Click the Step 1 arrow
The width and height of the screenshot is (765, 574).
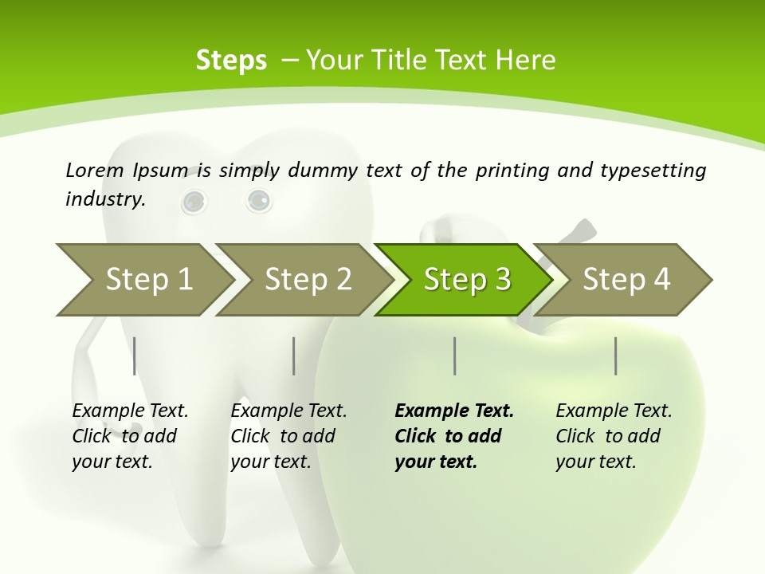(147, 280)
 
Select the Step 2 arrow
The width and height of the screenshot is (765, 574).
(308, 280)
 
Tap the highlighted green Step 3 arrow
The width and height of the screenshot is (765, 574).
(467, 280)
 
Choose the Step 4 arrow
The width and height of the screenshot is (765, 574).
(626, 280)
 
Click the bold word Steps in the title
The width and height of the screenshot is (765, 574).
(231, 60)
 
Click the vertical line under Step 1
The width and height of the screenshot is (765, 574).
(135, 356)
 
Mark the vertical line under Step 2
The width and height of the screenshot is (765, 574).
(294, 356)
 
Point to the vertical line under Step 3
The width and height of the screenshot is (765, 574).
(454, 356)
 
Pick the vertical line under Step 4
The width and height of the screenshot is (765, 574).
(615, 356)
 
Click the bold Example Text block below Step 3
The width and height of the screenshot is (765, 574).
(454, 436)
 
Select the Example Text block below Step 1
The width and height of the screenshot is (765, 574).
(130, 436)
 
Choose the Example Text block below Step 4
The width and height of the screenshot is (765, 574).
(614, 436)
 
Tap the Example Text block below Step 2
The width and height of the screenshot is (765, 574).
(288, 436)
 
